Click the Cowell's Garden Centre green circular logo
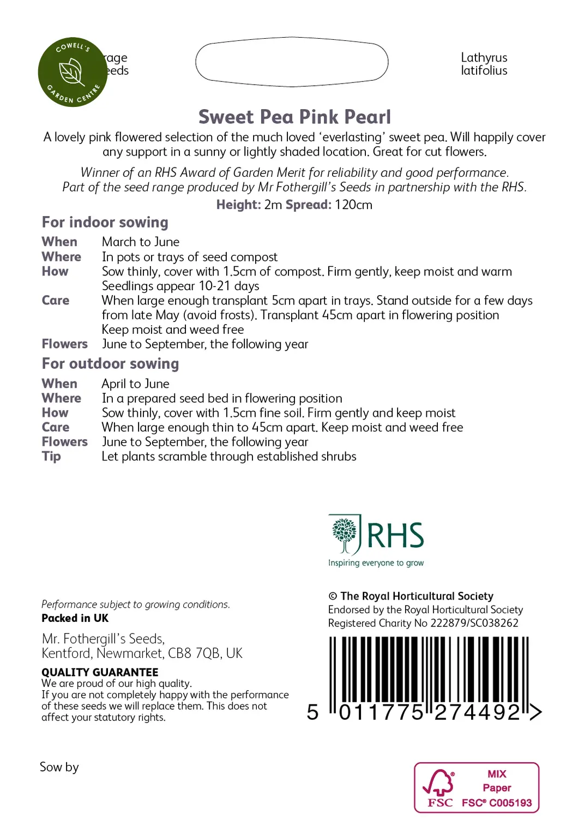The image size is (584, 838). (x=72, y=72)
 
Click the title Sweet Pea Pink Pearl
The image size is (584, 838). (x=294, y=117)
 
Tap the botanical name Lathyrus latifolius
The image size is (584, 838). (x=484, y=64)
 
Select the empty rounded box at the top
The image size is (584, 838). (x=292, y=62)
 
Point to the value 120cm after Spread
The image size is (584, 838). (x=353, y=205)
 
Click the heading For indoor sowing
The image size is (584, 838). (x=105, y=222)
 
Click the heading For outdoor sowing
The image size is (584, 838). (x=110, y=363)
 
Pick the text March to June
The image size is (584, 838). (x=141, y=242)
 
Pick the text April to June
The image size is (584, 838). (x=135, y=384)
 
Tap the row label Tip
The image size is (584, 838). (x=51, y=456)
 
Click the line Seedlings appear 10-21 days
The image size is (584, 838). (x=180, y=286)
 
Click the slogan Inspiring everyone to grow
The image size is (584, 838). (x=376, y=562)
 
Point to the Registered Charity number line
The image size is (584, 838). (x=423, y=623)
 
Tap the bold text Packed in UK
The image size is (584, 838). (x=75, y=618)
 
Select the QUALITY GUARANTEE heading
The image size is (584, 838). (x=100, y=672)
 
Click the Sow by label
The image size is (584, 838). (x=59, y=767)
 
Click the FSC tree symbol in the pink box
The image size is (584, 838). (x=439, y=783)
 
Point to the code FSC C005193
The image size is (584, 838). (x=496, y=803)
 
